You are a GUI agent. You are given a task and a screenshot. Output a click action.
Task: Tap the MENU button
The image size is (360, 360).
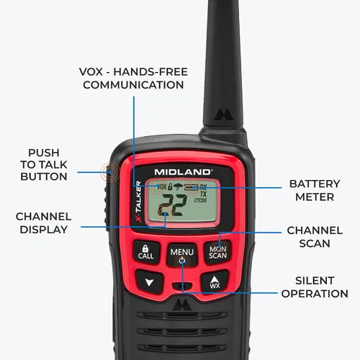[x=182, y=255]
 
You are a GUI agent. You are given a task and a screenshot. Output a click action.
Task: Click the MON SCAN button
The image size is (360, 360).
[x=217, y=253]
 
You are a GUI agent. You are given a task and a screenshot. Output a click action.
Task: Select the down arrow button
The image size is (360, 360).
[x=149, y=282]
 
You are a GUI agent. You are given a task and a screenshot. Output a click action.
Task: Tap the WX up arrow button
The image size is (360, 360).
[x=215, y=282]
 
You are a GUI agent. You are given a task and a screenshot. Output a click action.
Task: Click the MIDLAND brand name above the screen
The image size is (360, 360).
[x=183, y=172]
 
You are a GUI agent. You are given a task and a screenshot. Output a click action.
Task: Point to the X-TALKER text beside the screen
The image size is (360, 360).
[x=138, y=202]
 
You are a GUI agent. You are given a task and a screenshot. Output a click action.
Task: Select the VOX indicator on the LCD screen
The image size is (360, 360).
[x=161, y=186]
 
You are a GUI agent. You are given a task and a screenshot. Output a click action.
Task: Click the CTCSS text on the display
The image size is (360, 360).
[x=200, y=200]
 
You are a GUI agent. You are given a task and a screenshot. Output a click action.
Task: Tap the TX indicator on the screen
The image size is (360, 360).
[x=203, y=194]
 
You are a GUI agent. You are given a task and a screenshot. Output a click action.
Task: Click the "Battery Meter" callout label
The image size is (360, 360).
[x=315, y=191]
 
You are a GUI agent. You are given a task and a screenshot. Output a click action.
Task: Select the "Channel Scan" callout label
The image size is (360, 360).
[x=315, y=237]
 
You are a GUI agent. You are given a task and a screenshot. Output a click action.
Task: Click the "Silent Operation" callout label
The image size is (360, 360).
[x=315, y=287]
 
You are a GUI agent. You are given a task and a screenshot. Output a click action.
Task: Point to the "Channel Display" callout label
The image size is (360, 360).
[x=43, y=223]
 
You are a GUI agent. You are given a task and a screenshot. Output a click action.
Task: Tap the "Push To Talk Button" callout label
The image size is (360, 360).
[x=44, y=165]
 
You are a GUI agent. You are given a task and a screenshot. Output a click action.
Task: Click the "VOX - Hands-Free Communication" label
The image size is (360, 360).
[x=133, y=78]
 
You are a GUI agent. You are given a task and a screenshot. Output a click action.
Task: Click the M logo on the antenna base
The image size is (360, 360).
[x=223, y=115]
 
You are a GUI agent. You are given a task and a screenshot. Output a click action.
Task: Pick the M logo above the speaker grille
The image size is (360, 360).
[x=182, y=305]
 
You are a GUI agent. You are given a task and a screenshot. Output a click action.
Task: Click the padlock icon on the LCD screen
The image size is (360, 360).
[x=170, y=186]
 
